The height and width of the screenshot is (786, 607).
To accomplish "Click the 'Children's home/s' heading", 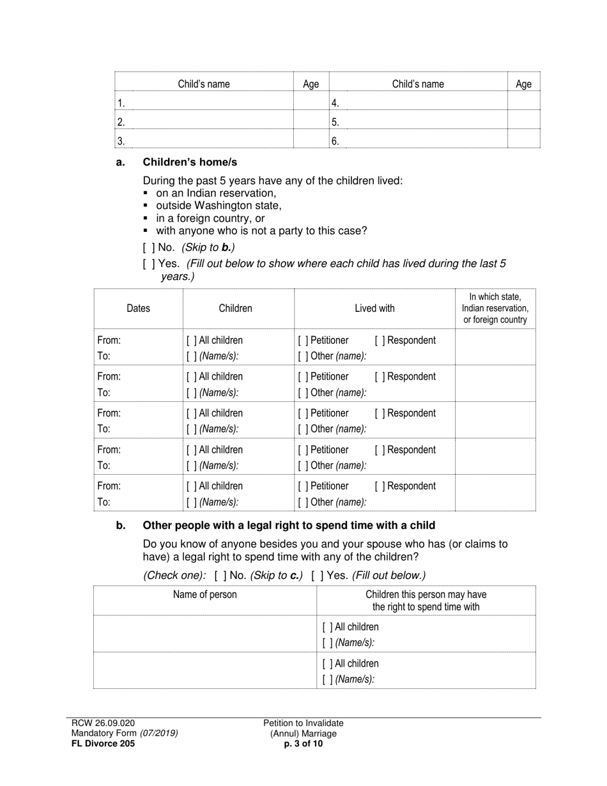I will click(x=190, y=162).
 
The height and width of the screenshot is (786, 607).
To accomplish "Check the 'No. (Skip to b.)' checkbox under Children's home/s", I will click(x=148, y=247).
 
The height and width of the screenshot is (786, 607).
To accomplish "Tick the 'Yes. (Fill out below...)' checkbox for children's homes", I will click(x=148, y=263).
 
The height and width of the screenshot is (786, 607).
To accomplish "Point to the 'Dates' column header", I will click(x=138, y=308).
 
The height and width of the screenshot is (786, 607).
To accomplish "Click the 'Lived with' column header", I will click(x=374, y=308).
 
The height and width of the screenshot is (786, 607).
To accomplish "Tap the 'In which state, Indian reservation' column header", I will click(x=495, y=308).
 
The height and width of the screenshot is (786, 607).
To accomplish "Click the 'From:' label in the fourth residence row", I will click(x=109, y=450).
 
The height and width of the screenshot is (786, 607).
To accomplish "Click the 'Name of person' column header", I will click(x=204, y=594).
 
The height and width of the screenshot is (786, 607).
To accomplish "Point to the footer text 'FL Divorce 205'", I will click(x=103, y=743).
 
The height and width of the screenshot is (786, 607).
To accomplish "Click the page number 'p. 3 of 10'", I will click(x=303, y=743).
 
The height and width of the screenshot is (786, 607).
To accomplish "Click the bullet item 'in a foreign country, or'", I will click(x=210, y=218).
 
